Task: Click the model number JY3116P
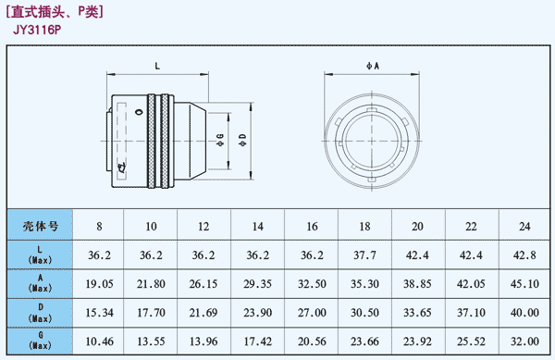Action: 37,30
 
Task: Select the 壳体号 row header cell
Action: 40,226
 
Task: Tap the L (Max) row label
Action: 40,254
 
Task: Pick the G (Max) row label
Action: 40,341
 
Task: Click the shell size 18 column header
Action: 364,226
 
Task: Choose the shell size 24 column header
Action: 524,226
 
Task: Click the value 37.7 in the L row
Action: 364,255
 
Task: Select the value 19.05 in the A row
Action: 99,284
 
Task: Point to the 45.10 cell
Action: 524,284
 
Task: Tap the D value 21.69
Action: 203,313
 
